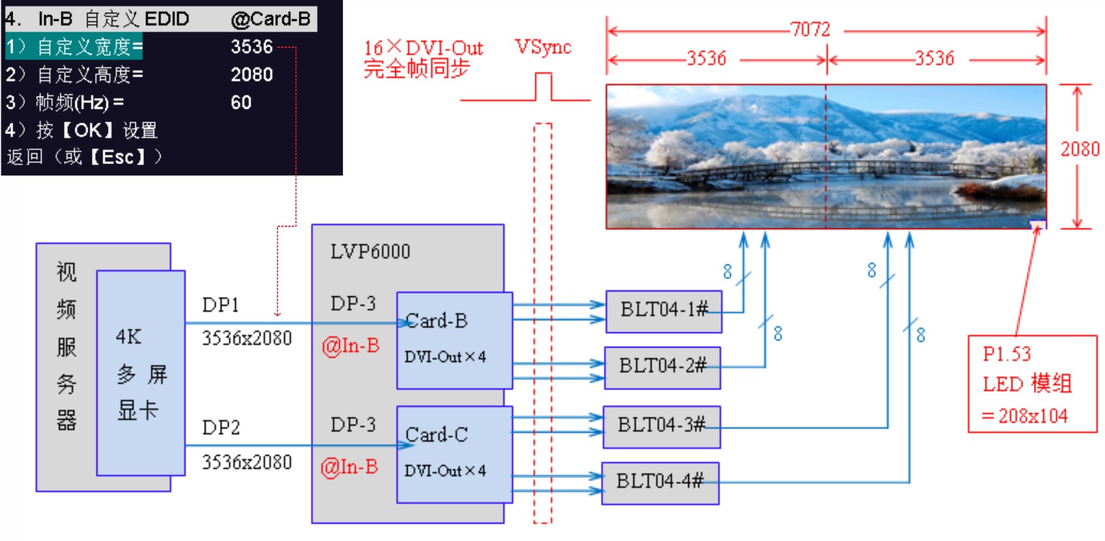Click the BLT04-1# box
tap(664, 311)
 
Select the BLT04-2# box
tap(662, 367)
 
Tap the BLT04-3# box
tap(661, 426)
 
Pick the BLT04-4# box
tap(660, 482)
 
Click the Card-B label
tap(437, 321)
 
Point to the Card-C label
tap(437, 435)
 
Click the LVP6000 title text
tap(370, 252)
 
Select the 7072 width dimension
tap(810, 29)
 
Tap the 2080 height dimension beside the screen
tap(1080, 150)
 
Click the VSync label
tap(543, 47)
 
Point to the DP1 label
tap(220, 305)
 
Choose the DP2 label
tap(221, 428)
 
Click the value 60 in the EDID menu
tap(241, 102)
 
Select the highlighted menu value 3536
tap(252, 47)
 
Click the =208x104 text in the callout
tap(1024, 416)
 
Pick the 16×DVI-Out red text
tap(423, 48)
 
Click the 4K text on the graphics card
tap(128, 337)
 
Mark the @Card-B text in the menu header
tap(270, 19)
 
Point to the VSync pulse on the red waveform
tap(543, 85)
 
